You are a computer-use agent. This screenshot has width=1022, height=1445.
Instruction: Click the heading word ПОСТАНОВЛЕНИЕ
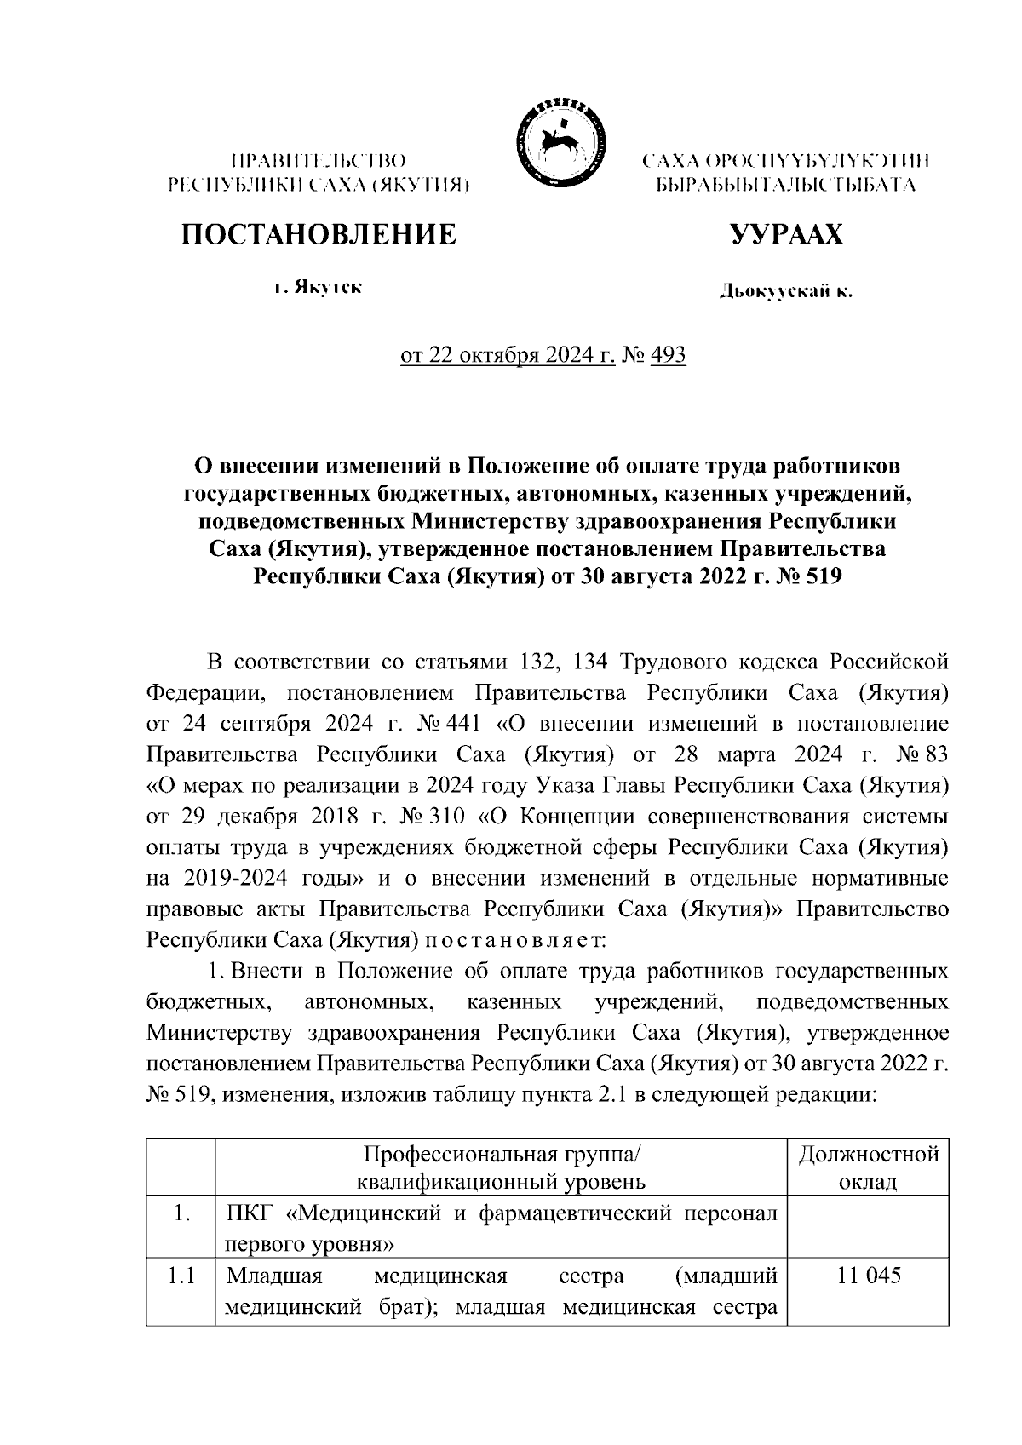click(318, 234)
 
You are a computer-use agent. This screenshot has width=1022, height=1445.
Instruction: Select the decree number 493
click(668, 354)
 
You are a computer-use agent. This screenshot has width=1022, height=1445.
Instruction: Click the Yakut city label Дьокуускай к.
click(785, 293)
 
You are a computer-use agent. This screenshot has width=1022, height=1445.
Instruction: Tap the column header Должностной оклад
click(867, 1167)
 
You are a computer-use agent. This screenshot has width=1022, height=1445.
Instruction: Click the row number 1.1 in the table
click(180, 1276)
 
